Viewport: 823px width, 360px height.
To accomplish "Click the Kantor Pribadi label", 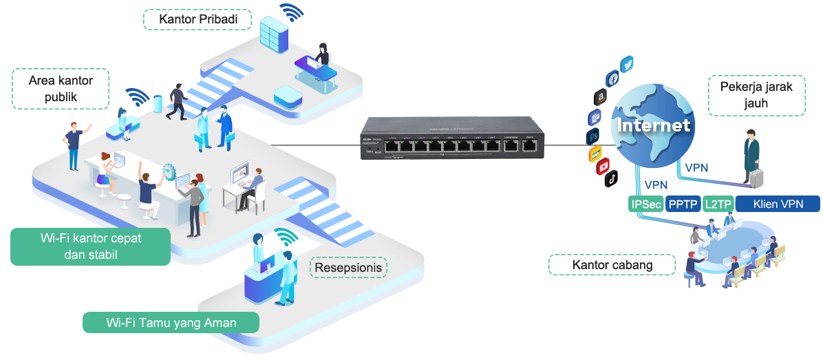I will click(197, 19).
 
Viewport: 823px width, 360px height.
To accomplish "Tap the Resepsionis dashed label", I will click(348, 267).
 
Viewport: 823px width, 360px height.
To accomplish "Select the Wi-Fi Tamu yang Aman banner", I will click(171, 323).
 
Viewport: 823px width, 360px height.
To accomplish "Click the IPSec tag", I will click(645, 204).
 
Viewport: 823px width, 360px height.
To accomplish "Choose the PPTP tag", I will click(683, 204).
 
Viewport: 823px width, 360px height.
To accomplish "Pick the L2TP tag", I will click(718, 204).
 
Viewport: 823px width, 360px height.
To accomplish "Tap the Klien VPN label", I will click(778, 204).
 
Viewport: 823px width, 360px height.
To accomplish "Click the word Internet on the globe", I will click(653, 126).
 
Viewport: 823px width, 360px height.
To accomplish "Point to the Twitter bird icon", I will click(628, 65).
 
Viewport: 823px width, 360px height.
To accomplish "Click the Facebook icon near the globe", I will click(612, 78).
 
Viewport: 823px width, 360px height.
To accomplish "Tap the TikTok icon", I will click(610, 180).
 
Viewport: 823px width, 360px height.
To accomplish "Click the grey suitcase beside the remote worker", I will click(757, 177).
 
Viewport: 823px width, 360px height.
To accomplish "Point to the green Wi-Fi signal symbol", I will click(286, 237).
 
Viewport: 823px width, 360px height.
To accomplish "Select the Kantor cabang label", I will click(612, 264).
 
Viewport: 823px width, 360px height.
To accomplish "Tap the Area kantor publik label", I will click(61, 88).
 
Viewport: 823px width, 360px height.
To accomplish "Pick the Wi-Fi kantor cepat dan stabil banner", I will click(90, 246).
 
